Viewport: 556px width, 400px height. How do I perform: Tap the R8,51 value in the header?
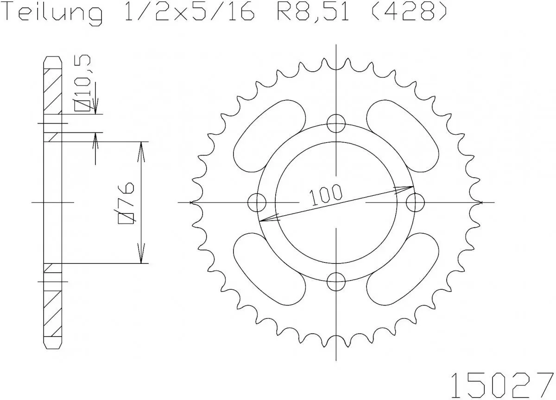[309, 13]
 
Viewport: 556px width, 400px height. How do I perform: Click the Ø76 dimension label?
[126, 203]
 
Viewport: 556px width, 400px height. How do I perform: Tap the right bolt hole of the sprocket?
[415, 202]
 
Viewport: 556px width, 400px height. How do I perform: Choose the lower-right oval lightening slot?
[403, 269]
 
